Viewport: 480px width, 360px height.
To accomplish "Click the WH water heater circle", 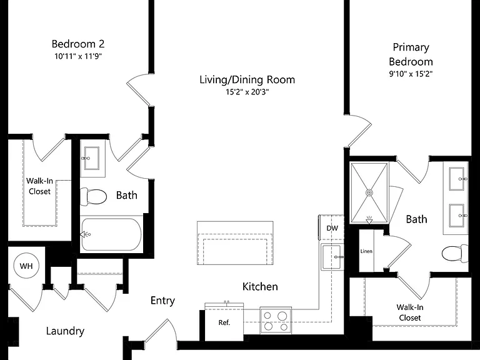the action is pos(26,266).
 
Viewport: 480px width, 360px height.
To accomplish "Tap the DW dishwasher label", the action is pos(332,228).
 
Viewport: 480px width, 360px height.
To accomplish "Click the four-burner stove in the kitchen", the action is pos(276,320).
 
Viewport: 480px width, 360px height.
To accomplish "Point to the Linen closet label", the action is pos(366,251).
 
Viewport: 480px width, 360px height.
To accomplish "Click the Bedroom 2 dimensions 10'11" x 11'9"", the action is pos(78,56).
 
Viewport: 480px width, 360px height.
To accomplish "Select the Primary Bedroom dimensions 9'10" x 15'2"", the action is pos(411,74).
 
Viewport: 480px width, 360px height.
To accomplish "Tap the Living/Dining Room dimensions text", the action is pos(247,92).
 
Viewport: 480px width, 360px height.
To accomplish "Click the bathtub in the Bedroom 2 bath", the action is pos(111,234).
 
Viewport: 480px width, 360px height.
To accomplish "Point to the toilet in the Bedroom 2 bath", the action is pos(93,196).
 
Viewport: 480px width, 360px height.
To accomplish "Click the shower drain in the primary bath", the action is pos(369,193).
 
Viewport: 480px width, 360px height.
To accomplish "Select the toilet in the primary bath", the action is pos(455,254).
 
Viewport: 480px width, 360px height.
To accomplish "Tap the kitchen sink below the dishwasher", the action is pos(332,257).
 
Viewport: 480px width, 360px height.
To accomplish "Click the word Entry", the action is pos(162,301).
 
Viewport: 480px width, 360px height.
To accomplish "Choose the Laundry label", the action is pos(65,331).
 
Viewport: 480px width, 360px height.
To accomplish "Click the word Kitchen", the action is pos(260,286).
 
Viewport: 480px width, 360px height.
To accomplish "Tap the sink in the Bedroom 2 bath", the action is pos(91,158).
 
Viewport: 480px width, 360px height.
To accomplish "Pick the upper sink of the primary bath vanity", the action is pos(457,179).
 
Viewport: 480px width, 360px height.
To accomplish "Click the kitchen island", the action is pos(235,243).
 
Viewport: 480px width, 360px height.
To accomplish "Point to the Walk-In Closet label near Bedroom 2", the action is pos(39,186).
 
